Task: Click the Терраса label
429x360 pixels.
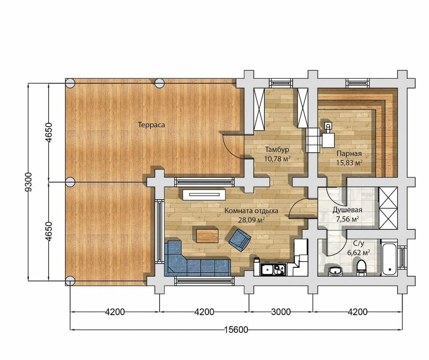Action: pyautogui.click(x=151, y=125)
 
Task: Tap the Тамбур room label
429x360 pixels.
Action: pyautogui.click(x=277, y=150)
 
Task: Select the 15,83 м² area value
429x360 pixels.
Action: pyautogui.click(x=349, y=163)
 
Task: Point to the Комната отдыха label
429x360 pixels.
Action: pyautogui.click(x=251, y=211)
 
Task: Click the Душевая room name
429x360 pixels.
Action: pyautogui.click(x=347, y=210)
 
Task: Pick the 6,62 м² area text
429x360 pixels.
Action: pyautogui.click(x=359, y=252)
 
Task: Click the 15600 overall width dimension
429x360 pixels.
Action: pyautogui.click(x=236, y=330)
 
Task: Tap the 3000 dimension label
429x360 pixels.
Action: pyautogui.click(x=281, y=311)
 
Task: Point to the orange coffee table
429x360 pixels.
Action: pyautogui.click(x=207, y=236)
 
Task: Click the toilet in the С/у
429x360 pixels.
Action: pyautogui.click(x=361, y=267)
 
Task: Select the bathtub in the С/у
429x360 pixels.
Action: pyautogui.click(x=389, y=257)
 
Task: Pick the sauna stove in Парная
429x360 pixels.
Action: pyautogui.click(x=328, y=136)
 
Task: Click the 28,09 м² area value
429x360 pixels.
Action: pyautogui.click(x=251, y=220)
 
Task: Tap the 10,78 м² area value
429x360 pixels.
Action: pyautogui.click(x=277, y=159)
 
